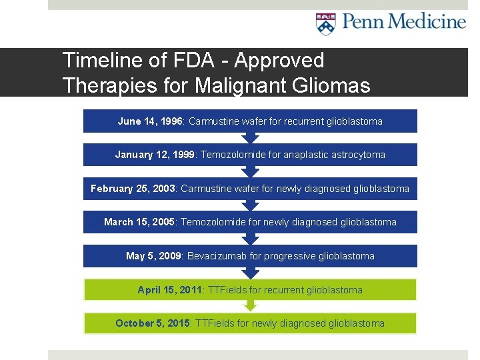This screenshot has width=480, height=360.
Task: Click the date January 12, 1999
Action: click(155, 155)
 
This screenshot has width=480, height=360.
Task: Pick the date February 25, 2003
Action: click(133, 189)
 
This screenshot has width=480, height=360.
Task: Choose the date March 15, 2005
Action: click(139, 222)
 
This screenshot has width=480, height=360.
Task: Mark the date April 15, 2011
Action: click(170, 290)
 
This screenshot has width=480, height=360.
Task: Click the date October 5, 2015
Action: click(153, 323)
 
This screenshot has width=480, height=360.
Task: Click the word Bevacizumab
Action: click(217, 256)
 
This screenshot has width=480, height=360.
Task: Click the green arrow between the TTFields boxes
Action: click(250, 305)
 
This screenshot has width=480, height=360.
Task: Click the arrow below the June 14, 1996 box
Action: click(250, 137)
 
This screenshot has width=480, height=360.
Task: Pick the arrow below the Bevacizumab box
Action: click(250, 272)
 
